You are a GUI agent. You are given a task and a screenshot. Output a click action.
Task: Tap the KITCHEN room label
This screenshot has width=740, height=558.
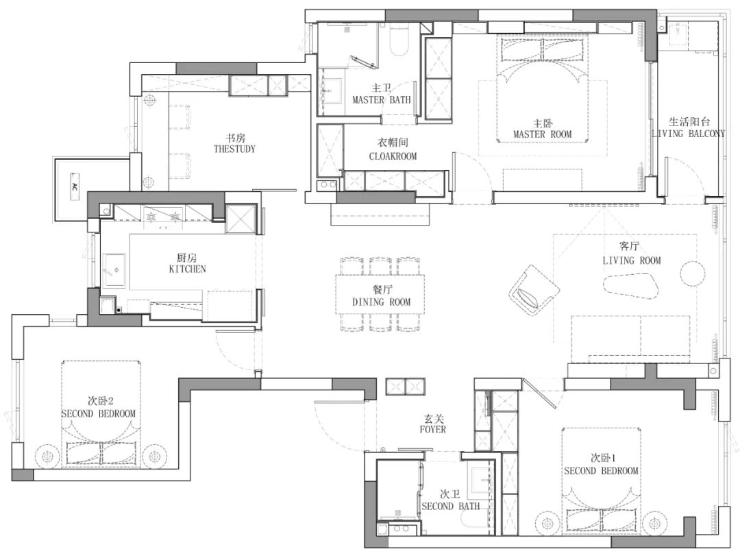pos(187,269)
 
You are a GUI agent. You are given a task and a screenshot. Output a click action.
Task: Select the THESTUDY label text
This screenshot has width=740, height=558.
pos(234,149)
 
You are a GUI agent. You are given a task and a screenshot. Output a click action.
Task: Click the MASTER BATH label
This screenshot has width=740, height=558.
pos(382,100)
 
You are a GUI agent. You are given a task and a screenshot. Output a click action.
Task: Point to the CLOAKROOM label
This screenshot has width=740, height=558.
pos(393,156)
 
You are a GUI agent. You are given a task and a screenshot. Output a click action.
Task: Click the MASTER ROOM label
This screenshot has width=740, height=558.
pos(542,134)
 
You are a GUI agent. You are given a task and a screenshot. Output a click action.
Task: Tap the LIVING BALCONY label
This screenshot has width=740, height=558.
pos(688,134)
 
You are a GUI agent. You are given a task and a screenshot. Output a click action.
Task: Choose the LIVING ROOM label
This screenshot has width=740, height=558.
pos(632,260)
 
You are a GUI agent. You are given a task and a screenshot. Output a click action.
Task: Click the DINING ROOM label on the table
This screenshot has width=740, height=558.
pos(382,302)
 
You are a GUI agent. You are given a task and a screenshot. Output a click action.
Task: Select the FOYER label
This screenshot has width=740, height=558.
pos(433,430)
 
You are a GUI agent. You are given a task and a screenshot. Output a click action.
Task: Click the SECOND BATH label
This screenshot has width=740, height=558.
pos(450,507)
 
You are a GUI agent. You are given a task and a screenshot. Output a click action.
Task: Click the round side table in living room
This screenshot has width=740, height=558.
pos(692,273)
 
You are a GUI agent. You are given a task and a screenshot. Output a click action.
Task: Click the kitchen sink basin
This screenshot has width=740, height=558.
pos(114,271)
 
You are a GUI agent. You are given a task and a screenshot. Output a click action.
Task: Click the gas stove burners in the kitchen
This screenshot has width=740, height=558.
pos(163,217)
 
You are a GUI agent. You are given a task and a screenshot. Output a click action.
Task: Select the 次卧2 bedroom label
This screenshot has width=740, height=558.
pos(101,401)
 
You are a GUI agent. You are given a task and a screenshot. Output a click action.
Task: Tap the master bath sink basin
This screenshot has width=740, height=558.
pos(333,91)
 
